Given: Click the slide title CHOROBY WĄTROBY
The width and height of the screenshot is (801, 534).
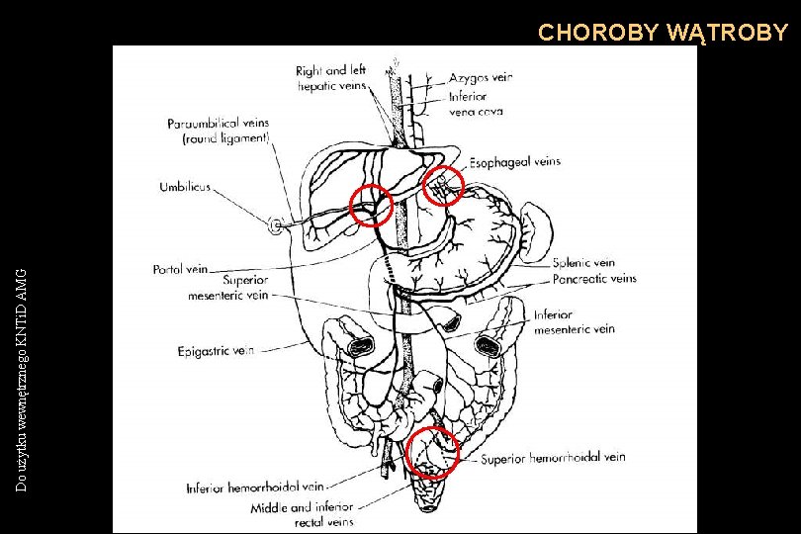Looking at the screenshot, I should (663, 33).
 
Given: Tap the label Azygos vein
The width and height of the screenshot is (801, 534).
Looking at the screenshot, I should (481, 77).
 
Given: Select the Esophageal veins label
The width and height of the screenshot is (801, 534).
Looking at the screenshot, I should (514, 161).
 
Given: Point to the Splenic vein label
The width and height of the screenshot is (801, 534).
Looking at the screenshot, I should (583, 263).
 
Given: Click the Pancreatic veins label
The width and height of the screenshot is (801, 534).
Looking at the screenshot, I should (593, 279).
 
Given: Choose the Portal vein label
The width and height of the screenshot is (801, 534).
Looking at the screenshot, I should (180, 268).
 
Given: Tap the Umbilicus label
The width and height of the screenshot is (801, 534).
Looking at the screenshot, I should (185, 187).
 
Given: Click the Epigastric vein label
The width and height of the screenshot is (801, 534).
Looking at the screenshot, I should (216, 350).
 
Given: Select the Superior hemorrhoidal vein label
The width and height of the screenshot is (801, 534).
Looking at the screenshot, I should (553, 458).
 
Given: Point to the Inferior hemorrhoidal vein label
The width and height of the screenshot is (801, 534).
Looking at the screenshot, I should (255, 488).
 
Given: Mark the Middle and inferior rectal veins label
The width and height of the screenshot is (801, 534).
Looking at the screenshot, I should (302, 514).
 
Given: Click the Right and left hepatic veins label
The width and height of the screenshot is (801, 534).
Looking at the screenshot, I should (331, 78).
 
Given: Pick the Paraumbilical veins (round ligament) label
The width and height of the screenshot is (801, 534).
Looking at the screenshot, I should (218, 131).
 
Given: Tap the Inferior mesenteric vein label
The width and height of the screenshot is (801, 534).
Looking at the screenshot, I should (575, 322).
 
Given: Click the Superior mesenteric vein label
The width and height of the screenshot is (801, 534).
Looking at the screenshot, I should (228, 287).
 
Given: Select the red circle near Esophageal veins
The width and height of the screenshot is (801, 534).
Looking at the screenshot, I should (443, 185).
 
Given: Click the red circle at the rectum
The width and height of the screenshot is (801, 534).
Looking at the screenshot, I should (433, 452).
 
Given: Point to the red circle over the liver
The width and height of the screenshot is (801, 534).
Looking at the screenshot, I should (373, 205).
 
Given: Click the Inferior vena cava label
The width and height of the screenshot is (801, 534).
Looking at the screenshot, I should (476, 104).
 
